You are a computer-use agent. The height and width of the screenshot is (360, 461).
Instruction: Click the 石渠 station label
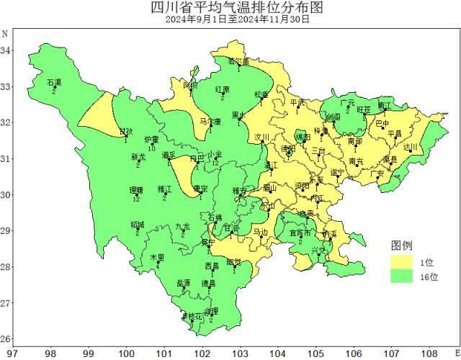pos(54,83)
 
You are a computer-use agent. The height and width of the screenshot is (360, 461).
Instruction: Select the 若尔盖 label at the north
pos(238,61)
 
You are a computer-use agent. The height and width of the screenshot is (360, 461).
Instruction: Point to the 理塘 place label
pos(136,190)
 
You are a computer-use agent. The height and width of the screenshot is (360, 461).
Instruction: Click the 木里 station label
pos(156,257)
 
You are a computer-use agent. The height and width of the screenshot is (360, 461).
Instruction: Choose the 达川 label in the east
pos(411,147)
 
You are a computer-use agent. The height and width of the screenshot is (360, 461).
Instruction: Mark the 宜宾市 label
pos(300,233)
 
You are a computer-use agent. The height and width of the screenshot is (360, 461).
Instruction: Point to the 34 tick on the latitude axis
pos(6,50)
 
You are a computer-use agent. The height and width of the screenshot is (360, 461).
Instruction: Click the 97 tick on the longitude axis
pos(12,354)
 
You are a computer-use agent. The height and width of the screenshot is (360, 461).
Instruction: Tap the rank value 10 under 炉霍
pos(151,148)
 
